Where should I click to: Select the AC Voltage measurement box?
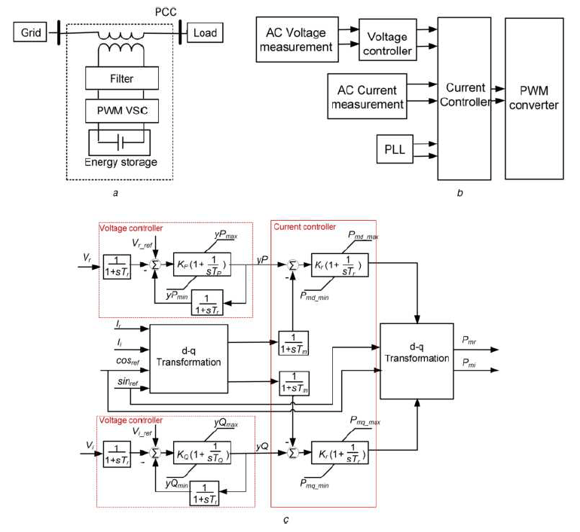pyautogui.click(x=298, y=40)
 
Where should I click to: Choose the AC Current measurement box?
pyautogui.click(x=367, y=96)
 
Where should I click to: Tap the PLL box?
pyautogui.click(x=392, y=148)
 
